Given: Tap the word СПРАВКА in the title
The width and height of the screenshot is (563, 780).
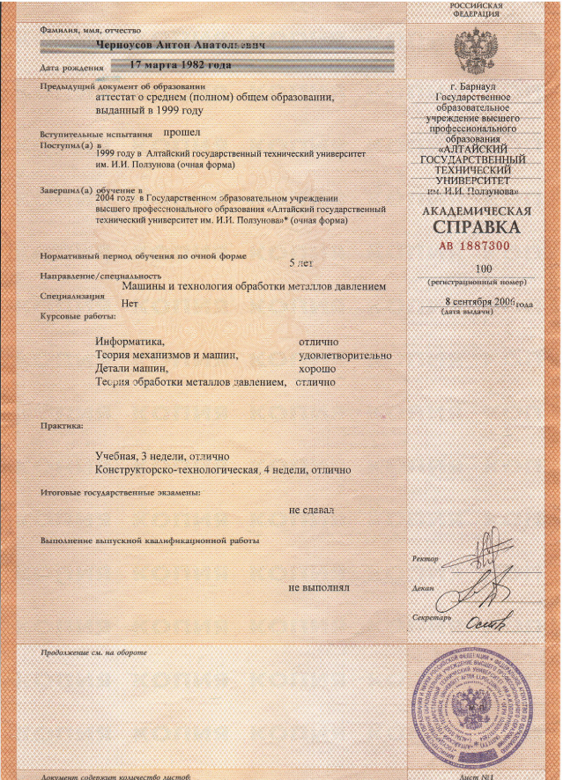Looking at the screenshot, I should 476,228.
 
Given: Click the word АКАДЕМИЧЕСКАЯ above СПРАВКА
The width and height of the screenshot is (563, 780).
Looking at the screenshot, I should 476,211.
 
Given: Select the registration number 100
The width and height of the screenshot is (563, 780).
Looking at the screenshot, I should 483,269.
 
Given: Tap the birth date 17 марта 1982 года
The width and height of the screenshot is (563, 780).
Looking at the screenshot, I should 181,65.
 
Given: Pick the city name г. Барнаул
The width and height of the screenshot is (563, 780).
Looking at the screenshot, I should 476,86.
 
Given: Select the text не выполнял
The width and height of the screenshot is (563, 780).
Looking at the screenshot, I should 320,585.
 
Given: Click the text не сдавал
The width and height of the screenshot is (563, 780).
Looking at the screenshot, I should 310,509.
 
